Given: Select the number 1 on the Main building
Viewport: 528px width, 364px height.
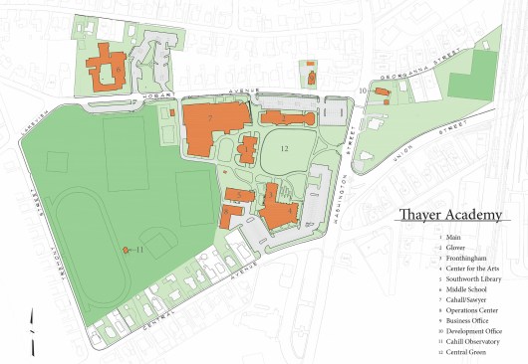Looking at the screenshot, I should (x=247, y=150).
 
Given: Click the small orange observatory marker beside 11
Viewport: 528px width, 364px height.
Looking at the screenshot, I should (x=125, y=250).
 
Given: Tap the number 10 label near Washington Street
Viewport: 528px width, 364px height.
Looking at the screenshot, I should (x=362, y=91).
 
